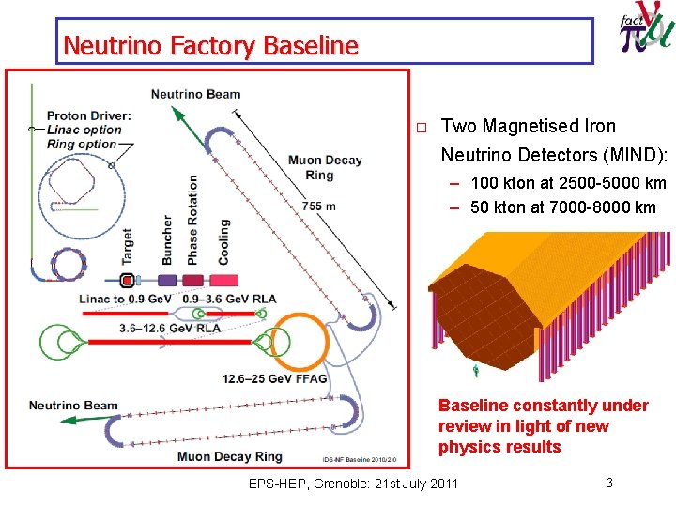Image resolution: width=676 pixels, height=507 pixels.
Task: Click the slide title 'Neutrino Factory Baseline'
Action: point(210,45)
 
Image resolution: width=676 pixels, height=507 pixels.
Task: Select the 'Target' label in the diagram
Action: point(127,246)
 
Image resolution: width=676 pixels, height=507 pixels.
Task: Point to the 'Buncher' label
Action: point(168,239)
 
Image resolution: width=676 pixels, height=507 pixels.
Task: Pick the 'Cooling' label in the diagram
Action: point(223,241)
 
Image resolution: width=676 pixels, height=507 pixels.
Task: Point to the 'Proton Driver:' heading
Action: point(89,115)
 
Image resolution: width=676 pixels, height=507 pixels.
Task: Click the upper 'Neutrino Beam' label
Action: point(195,93)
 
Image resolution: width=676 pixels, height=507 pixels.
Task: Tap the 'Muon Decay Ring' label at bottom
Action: point(229,456)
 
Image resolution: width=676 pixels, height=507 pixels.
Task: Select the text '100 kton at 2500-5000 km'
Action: point(568,182)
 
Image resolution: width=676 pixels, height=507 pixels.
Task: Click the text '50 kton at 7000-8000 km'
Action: point(562,207)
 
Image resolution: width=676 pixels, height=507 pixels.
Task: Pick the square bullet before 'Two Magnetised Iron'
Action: point(422,128)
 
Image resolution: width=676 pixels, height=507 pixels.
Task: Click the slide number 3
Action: point(609,483)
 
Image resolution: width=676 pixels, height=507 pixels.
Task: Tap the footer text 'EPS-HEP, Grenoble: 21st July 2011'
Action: point(354,484)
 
